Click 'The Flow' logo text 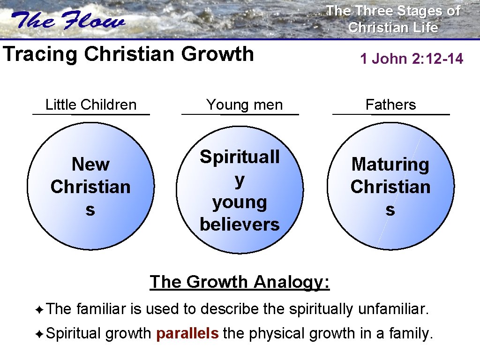pyautogui.click(x=69, y=22)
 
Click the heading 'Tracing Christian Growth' pyautogui.click(x=128, y=54)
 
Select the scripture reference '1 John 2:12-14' pyautogui.click(x=412, y=59)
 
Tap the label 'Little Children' pyautogui.click(x=91, y=105)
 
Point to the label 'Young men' pyautogui.click(x=245, y=105)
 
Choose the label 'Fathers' pyautogui.click(x=390, y=105)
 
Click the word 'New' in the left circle pyautogui.click(x=90, y=165)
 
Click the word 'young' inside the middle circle pyautogui.click(x=240, y=202)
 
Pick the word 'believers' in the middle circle pyautogui.click(x=240, y=225)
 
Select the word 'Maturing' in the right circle pyautogui.click(x=390, y=165)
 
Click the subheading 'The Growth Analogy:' pyautogui.click(x=240, y=282)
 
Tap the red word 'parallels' pyautogui.click(x=187, y=334)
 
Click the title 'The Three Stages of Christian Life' pyautogui.click(x=393, y=19)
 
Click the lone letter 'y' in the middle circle pyautogui.click(x=240, y=180)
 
